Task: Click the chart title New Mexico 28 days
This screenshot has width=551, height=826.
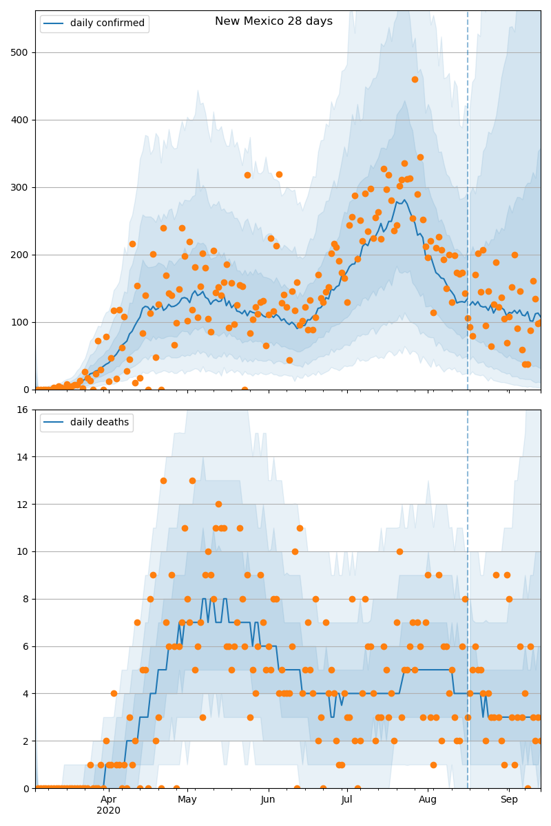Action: (x=273, y=21)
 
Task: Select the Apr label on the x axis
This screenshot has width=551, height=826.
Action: (x=109, y=800)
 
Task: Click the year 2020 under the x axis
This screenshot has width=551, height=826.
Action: (x=109, y=811)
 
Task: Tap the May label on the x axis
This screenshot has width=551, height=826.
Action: (x=187, y=800)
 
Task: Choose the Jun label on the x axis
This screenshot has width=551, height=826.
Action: (x=268, y=800)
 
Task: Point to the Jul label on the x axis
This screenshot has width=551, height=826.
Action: (x=346, y=800)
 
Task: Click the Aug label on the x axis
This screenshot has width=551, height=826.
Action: (x=428, y=800)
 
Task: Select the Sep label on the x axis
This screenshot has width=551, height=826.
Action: (x=509, y=800)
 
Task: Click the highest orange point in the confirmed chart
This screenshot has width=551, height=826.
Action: (x=415, y=79)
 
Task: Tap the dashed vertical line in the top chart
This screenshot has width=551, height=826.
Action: (x=468, y=206)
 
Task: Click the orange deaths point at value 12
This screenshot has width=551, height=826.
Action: (x=218, y=504)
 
